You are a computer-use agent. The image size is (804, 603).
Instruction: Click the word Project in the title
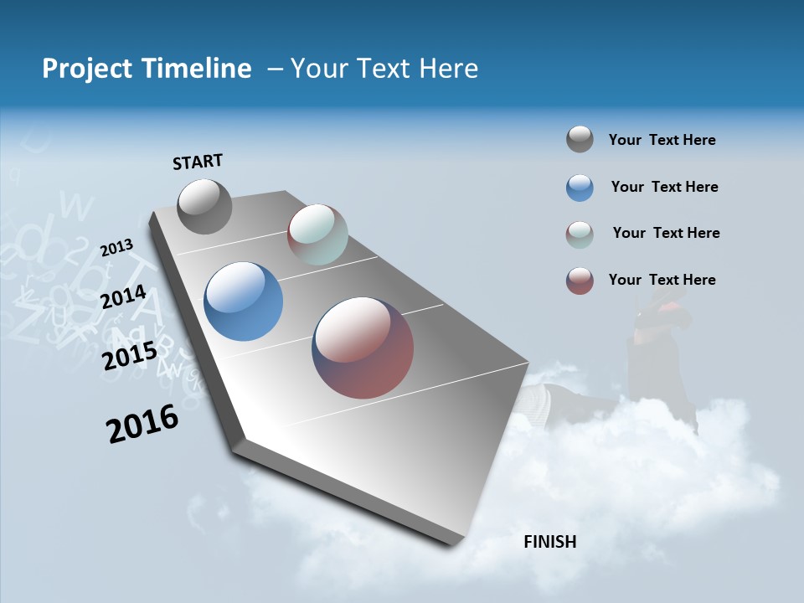pos(83,69)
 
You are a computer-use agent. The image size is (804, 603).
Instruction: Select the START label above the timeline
pos(198,162)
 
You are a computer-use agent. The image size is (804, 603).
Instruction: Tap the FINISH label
pos(550,542)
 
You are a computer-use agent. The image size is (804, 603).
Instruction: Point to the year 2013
pos(116,248)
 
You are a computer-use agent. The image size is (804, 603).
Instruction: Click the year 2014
pos(124,297)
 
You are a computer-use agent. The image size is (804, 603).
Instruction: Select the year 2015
pos(130,355)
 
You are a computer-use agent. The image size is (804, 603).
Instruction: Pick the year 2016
pos(142,424)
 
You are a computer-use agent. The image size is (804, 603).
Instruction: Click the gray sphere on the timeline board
pos(204,206)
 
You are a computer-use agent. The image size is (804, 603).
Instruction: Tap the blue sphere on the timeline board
pos(244,301)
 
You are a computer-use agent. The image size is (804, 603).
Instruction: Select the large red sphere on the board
pos(363,348)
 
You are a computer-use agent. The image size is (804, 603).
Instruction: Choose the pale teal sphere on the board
pos(317,234)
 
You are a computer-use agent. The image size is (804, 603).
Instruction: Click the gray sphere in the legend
pos(580,139)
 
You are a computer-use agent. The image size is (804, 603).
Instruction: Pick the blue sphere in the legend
pos(580,188)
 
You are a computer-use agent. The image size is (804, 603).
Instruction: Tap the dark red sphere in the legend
pos(580,281)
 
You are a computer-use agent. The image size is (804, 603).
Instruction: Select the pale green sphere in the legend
pos(580,234)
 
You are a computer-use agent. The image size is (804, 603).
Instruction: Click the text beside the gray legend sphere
pos(662,140)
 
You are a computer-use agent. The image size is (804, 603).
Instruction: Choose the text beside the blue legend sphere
pos(664,187)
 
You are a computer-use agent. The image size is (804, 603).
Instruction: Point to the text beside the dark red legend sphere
pos(662,280)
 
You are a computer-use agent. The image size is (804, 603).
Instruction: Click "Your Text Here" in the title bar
pos(384,69)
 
